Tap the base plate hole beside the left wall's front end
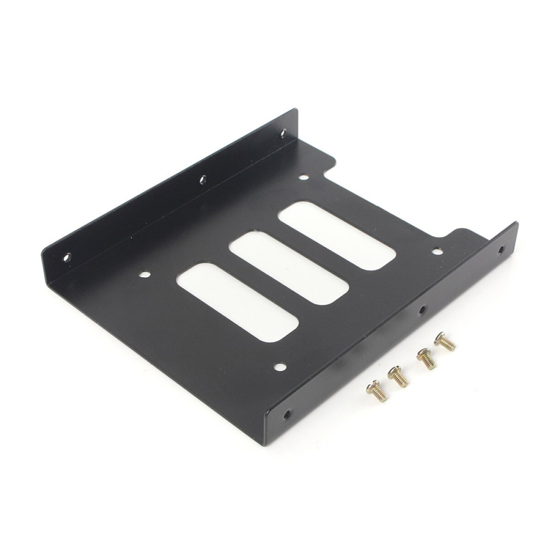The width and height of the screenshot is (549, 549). [145, 275]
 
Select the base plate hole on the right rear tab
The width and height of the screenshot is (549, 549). [438, 251]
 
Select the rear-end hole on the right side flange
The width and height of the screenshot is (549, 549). [501, 250]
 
